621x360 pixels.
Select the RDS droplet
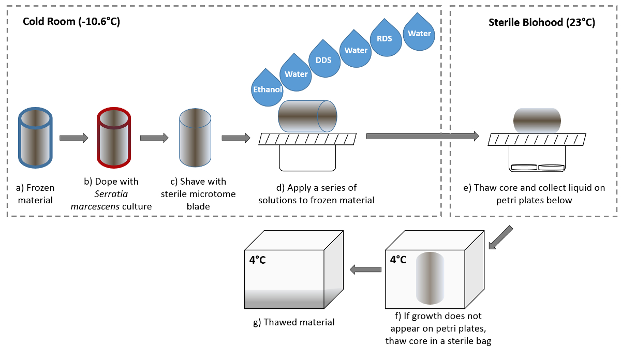click(385, 38)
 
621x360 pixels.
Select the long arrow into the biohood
click(422, 136)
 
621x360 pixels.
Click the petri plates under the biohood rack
click(537, 167)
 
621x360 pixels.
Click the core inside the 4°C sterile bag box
click(430, 278)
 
